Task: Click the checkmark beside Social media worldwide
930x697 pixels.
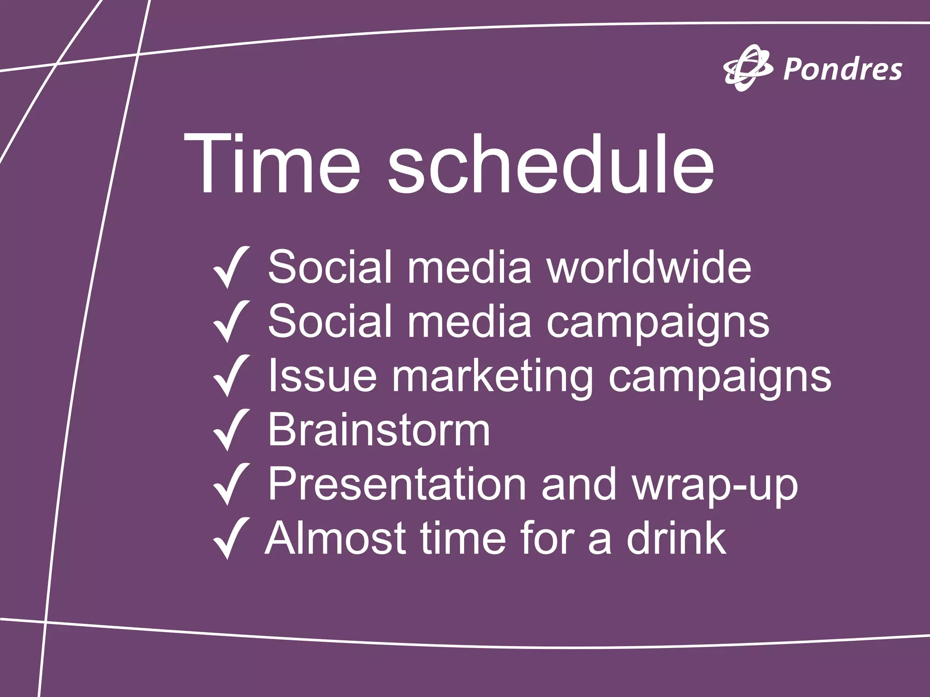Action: point(231,268)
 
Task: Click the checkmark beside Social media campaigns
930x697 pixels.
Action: point(231,321)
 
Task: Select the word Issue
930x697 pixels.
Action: point(322,376)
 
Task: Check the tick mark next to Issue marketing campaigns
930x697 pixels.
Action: point(231,376)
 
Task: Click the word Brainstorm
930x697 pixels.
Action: point(379,430)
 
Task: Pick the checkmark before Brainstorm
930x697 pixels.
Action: point(231,430)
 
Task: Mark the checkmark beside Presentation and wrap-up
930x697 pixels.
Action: point(231,484)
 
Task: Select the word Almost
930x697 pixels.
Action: point(336,539)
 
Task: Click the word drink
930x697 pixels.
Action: point(676,539)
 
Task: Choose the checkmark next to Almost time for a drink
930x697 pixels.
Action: point(231,539)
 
